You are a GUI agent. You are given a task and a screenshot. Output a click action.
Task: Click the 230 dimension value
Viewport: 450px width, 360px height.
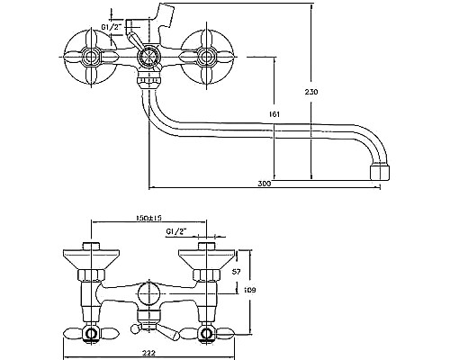tap(311, 92)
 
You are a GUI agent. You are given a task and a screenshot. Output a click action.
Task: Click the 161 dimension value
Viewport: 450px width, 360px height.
tap(274, 114)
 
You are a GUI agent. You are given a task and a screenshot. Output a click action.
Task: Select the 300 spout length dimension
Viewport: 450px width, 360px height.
tap(265, 184)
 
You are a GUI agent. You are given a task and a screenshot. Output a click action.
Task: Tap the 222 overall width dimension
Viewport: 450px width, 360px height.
tap(148, 353)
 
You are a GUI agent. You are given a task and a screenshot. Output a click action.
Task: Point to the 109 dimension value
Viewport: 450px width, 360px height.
tap(250, 290)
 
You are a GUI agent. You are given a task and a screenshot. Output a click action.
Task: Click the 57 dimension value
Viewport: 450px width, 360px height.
tap(237, 272)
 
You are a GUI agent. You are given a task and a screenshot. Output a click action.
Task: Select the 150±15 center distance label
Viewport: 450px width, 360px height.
tap(148, 218)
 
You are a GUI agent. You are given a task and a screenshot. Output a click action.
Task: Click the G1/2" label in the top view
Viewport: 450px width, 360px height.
tap(111, 27)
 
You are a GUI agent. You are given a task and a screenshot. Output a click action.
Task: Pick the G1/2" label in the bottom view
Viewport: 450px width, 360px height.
tap(176, 231)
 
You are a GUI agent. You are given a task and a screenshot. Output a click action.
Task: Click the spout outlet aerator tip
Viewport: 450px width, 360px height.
tap(380, 172)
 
